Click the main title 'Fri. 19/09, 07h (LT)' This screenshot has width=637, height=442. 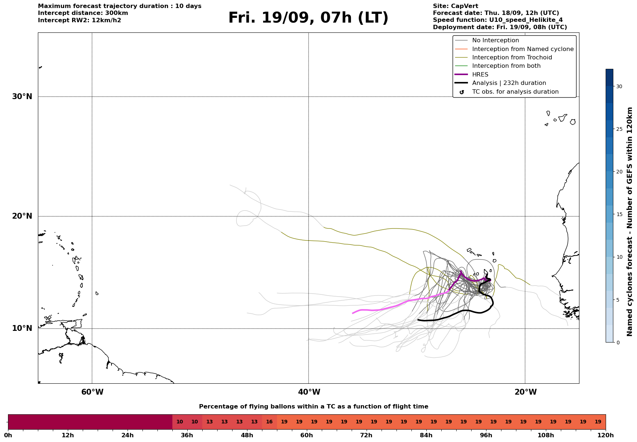308,18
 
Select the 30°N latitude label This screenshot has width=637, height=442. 22,97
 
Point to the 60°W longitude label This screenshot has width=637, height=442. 92,392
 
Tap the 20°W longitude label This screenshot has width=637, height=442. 525,392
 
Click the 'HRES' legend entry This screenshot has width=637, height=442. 480,75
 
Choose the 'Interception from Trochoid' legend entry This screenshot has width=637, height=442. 512,58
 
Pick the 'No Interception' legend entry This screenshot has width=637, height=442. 495,40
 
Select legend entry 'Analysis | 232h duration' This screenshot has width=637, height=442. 509,83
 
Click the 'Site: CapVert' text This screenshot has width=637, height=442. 455,6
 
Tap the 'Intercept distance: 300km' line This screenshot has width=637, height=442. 83,13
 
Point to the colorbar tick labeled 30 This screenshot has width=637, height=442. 619,86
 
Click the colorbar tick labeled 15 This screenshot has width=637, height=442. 619,214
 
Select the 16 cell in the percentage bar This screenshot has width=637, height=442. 269,422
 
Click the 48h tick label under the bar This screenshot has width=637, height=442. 247,435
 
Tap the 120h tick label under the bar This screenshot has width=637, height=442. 605,435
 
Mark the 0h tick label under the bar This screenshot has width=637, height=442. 8,435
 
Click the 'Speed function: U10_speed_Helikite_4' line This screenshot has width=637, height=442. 497,20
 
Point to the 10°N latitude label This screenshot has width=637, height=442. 22,328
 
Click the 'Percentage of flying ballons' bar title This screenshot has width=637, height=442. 313,407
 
